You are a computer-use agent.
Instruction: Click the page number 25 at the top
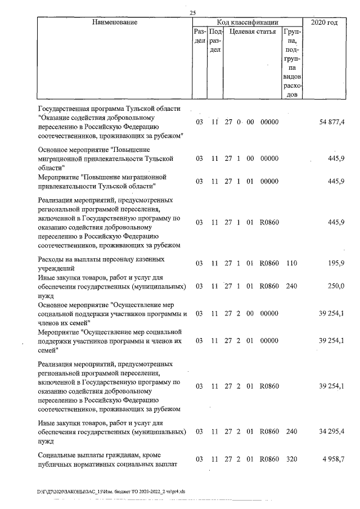pos(193,12)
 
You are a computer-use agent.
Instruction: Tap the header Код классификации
pos(244,22)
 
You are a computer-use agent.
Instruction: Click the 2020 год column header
pos(324,22)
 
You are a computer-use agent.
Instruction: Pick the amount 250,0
pos(336,286)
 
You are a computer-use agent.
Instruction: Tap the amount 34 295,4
pos(332,431)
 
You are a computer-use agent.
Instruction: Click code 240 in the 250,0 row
pos(291,286)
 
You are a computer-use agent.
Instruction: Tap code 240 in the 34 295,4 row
pos(291,431)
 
